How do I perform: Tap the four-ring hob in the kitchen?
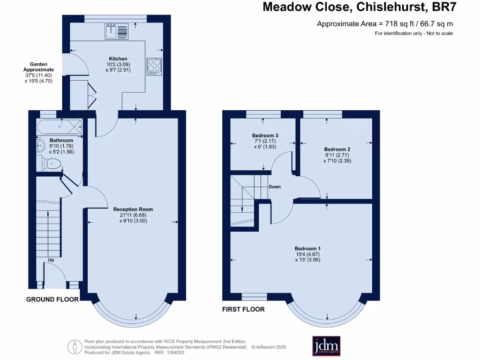point(154,66)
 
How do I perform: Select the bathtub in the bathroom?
point(60,127)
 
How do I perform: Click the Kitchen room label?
point(118,59)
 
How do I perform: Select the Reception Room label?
point(133,210)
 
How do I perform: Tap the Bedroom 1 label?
point(307,248)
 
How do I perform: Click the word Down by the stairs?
point(275,187)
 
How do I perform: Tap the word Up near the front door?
point(51,260)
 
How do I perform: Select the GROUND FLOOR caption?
point(52,299)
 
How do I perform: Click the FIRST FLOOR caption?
point(243,309)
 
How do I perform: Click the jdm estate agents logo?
point(326,346)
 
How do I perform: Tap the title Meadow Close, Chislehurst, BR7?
point(359,7)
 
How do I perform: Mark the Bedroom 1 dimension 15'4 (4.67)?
point(307,254)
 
